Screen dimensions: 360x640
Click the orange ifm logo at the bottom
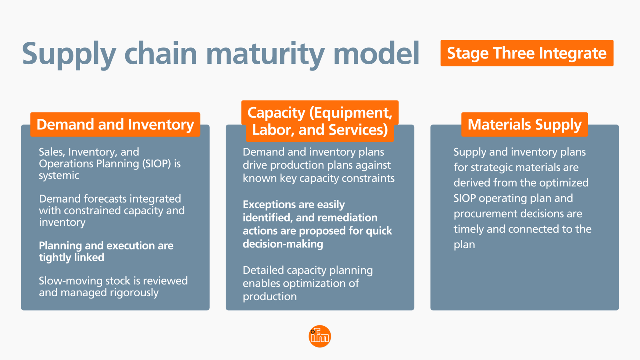click(x=320, y=336)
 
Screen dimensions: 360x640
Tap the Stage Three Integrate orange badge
click(x=527, y=53)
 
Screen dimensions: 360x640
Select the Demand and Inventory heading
click(x=115, y=125)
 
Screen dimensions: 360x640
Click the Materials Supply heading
click(x=524, y=125)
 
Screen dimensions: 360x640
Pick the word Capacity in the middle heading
click(x=276, y=113)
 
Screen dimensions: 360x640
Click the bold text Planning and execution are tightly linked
click(x=106, y=251)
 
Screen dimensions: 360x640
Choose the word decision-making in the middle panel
click(x=283, y=244)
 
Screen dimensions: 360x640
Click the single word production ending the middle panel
click(x=269, y=297)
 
